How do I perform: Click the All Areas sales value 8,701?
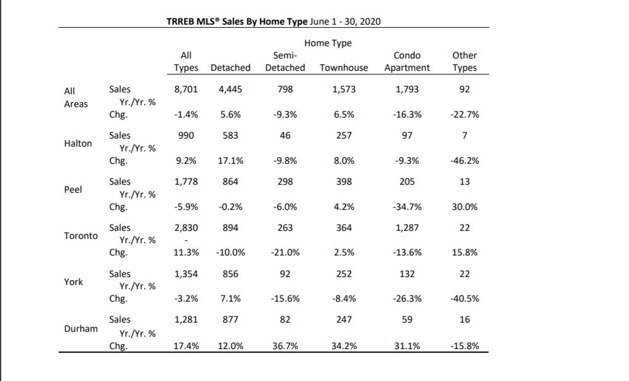[185, 89]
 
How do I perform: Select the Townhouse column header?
[344, 68]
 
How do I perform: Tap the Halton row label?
[78, 143]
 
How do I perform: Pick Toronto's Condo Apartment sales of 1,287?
[407, 228]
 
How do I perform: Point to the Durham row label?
[81, 329]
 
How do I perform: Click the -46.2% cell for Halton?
[465, 161]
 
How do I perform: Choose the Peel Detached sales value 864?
[230, 182]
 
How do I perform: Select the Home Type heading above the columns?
[328, 43]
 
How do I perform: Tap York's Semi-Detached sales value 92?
[285, 274]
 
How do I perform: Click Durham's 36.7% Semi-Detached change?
[285, 346]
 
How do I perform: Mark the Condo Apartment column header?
[407, 62]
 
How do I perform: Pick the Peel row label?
[73, 190]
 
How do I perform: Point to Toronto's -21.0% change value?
[285, 252]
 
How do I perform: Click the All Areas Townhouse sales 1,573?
[344, 89]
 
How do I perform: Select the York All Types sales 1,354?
[185, 274]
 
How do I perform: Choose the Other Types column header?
[465, 62]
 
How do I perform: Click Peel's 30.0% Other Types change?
[465, 207]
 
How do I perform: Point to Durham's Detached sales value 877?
[230, 319]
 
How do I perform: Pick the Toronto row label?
[81, 236]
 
